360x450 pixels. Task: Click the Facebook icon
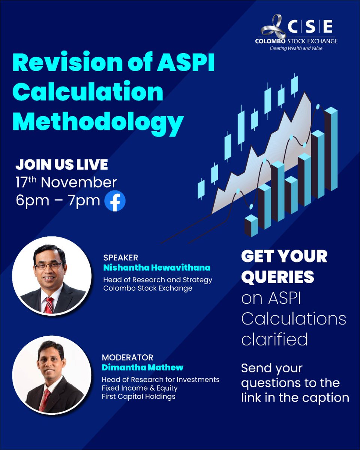[x=115, y=201]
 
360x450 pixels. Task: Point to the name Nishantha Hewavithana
[x=156, y=268]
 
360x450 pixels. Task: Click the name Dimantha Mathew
[x=142, y=367]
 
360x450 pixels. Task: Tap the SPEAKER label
[x=120, y=258]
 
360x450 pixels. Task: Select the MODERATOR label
[x=127, y=357]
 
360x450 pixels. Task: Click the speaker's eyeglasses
[x=48, y=265]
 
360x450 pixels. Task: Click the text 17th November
[x=66, y=183]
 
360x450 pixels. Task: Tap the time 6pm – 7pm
[x=58, y=201]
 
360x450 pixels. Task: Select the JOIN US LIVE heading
[x=61, y=165]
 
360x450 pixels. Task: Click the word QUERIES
[x=277, y=277]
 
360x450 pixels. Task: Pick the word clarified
[x=274, y=339]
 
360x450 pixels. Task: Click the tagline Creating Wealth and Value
[x=296, y=48]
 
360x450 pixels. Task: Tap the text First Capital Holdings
[x=138, y=396]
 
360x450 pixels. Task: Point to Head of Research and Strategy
[x=157, y=280]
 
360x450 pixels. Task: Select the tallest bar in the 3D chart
[x=331, y=154]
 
